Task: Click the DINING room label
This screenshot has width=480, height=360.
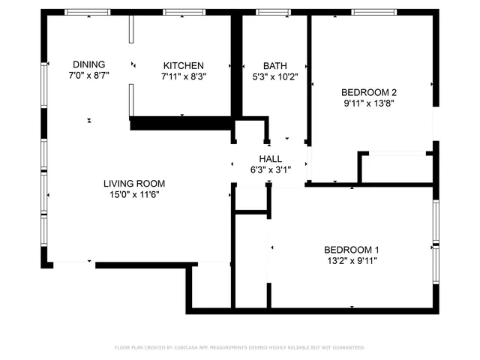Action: click(x=88, y=64)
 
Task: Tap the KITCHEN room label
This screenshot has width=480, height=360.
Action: click(x=183, y=65)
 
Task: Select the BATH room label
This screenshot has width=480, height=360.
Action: click(x=274, y=65)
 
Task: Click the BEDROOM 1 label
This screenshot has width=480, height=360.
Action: click(x=351, y=250)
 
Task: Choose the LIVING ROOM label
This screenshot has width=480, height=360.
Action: click(x=134, y=183)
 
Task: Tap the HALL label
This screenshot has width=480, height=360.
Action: click(x=270, y=158)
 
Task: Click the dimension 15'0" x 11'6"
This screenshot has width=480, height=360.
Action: click(x=134, y=194)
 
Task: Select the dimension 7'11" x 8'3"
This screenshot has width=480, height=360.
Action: click(x=183, y=76)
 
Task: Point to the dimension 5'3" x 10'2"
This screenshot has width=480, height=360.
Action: click(x=274, y=76)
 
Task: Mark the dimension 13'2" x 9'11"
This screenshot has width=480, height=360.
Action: click(x=351, y=261)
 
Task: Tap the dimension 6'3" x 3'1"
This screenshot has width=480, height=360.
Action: click(x=270, y=169)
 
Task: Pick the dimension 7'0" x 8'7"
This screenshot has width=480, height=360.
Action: click(x=88, y=76)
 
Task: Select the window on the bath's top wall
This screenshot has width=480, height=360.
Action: click(x=268, y=12)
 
